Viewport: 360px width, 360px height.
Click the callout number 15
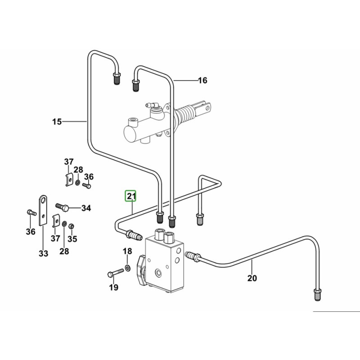coord(57,121)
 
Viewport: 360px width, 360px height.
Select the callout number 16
coord(202,81)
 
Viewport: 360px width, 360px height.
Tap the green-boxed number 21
coord(131,196)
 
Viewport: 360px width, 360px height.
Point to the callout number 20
coord(252,279)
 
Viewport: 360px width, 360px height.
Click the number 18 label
coord(127,251)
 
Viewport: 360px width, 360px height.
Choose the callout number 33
coord(43,254)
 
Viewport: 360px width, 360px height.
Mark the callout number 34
coord(86,208)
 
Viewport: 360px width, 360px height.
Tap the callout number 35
coord(72,239)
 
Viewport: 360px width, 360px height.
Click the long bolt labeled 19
coord(115,273)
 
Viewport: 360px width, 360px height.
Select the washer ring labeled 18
coord(128,268)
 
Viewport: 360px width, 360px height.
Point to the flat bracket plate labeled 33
coord(43,209)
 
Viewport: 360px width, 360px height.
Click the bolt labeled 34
coord(63,207)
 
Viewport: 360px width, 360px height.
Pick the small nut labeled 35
coord(72,225)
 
